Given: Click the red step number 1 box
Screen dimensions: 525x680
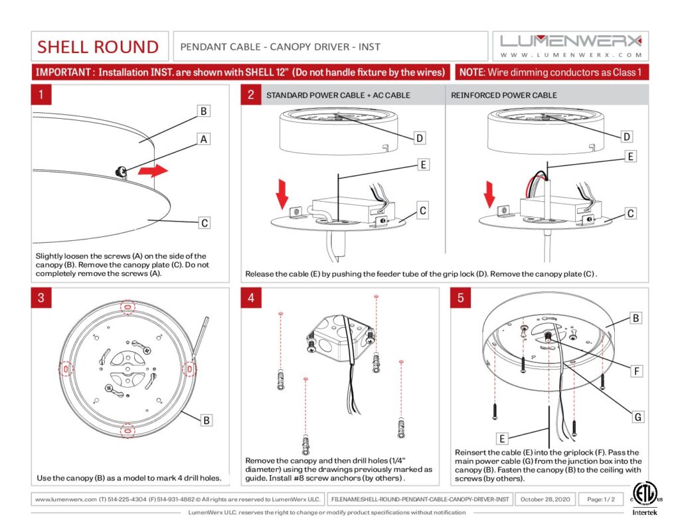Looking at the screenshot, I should click(x=41, y=95).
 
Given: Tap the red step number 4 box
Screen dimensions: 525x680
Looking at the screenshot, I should click(x=251, y=297).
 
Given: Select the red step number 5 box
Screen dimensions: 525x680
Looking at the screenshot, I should click(x=461, y=297).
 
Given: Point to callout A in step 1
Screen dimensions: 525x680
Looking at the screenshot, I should click(x=205, y=139).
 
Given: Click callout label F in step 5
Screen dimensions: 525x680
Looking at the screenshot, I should click(x=637, y=371).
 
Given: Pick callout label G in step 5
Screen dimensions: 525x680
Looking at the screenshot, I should click(x=637, y=417).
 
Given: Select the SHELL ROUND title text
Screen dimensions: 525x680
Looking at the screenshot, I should click(x=98, y=46).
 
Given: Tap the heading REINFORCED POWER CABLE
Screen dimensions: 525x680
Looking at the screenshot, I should click(x=504, y=95).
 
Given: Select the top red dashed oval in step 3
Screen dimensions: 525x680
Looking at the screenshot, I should click(x=127, y=307).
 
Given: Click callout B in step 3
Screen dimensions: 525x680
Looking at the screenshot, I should click(x=207, y=420).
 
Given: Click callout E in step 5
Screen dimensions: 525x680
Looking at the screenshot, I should click(x=503, y=438).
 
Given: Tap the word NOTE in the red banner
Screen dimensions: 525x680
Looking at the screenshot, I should click(x=473, y=72).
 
